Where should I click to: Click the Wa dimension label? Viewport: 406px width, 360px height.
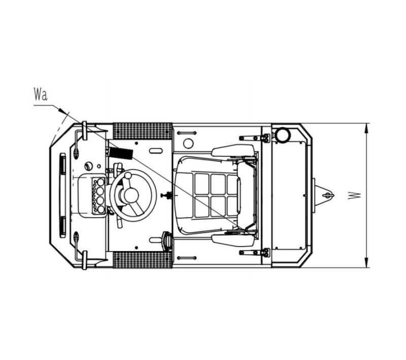[x=41, y=94]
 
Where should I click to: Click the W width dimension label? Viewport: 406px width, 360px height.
[x=354, y=195]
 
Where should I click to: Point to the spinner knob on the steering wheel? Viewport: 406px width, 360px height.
[x=128, y=175]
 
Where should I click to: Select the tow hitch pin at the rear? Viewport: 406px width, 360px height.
[x=328, y=195]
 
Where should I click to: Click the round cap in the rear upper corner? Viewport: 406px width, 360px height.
[x=283, y=135]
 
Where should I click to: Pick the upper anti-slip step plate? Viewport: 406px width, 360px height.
[x=143, y=131]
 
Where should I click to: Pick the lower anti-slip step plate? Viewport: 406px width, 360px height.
[x=143, y=260]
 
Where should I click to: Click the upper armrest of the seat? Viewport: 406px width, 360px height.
[x=233, y=151]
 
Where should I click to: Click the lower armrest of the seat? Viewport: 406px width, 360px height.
[x=233, y=240]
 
